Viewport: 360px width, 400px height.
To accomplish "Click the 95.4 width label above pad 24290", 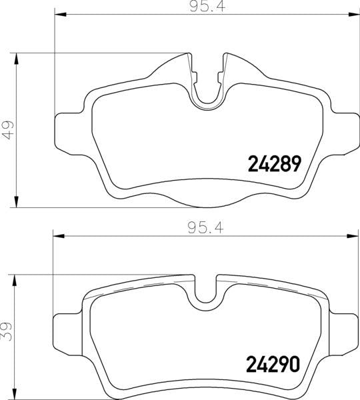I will click(x=206, y=227).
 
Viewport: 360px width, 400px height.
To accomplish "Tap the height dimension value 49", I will click(x=7, y=128).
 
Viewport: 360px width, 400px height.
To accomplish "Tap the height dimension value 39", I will click(x=7, y=332).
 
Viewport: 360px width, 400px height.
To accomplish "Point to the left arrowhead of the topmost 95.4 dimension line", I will click(x=57, y=14).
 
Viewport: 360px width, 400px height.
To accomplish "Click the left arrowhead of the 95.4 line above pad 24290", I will click(x=57, y=235).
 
